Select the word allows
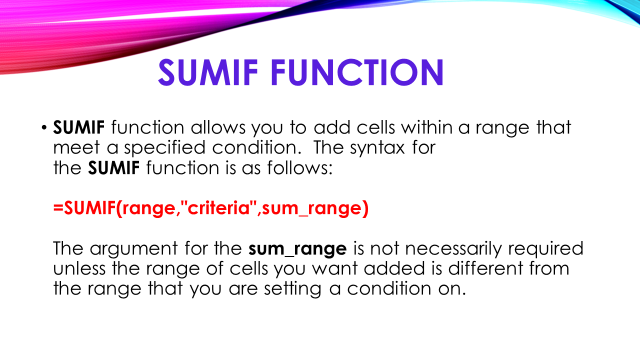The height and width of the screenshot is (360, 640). click(218, 128)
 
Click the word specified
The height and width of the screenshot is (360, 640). click(174, 148)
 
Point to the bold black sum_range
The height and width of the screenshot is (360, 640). click(297, 249)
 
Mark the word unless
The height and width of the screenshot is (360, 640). click(80, 269)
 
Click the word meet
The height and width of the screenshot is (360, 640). click(78, 148)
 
